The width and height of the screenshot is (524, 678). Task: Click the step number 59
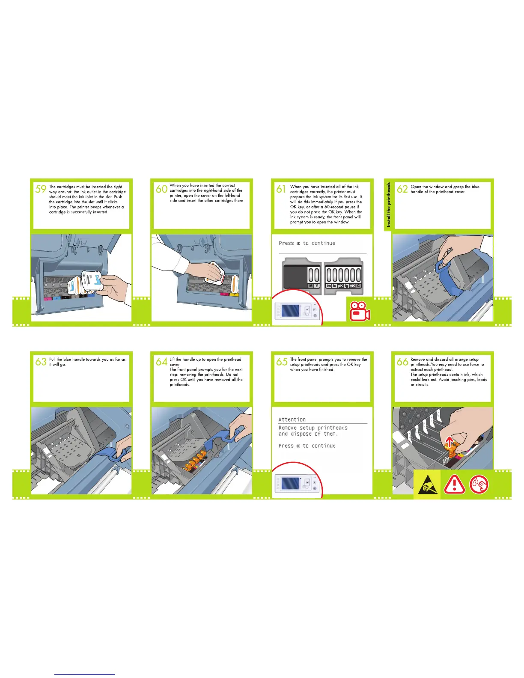click(41, 189)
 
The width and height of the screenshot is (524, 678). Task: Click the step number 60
click(161, 189)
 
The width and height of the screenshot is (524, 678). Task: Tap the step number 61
click(281, 189)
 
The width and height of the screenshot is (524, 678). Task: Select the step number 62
click(402, 189)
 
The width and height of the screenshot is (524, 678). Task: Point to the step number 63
click(41, 362)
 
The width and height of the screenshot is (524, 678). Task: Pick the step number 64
click(161, 362)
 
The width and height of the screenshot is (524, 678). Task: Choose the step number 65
click(282, 362)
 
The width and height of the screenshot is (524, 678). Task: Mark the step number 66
click(402, 362)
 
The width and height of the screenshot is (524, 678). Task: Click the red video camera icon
click(360, 311)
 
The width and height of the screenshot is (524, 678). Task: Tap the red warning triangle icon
click(454, 485)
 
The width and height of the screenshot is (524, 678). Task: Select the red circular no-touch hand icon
click(479, 485)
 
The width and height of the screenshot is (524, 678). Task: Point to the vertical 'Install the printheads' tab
click(388, 205)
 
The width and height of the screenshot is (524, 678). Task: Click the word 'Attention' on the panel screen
click(292, 419)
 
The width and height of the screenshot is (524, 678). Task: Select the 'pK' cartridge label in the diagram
click(340, 286)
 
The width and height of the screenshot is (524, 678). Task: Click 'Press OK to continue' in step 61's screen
click(307, 244)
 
